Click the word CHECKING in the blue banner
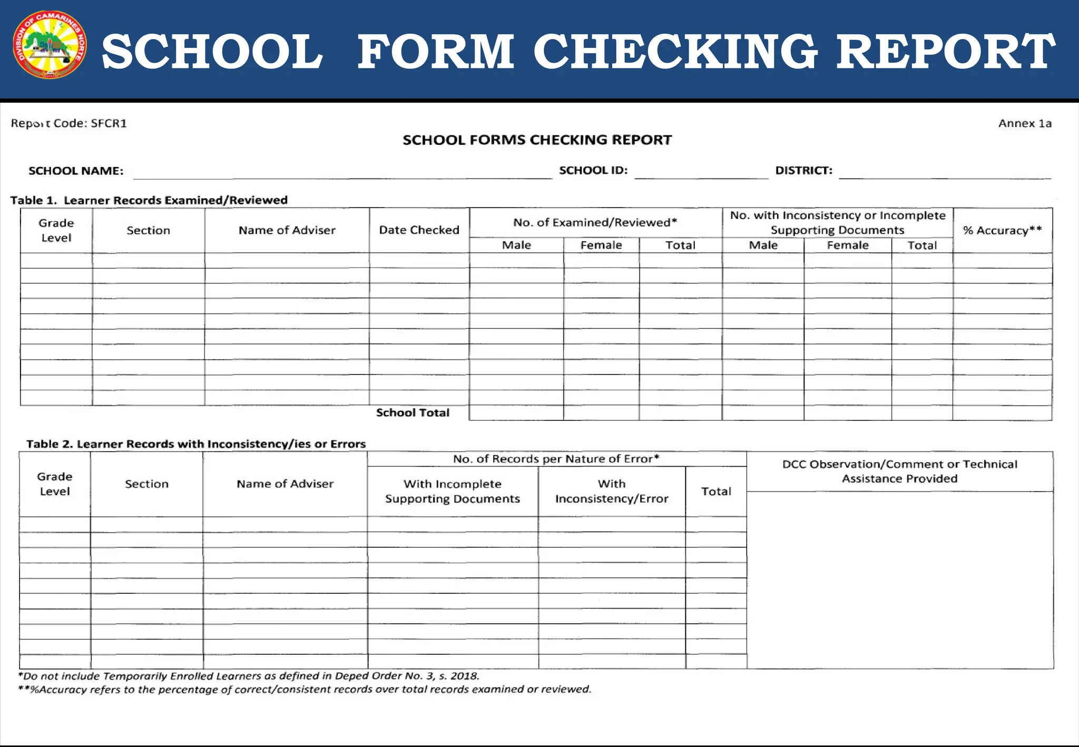coord(676,52)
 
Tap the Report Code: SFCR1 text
coord(69,123)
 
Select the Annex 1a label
coord(1025,123)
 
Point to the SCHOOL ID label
coord(593,170)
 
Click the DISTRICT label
coord(803,170)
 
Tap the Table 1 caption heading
coord(149,200)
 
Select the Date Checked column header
coord(419,230)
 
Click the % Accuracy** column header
coord(1002,230)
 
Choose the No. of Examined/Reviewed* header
coord(595,222)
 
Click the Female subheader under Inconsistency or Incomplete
coord(847,245)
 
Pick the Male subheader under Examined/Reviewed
coord(516,245)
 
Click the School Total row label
coord(413,412)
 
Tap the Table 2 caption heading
coord(196,444)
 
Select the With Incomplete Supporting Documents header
coord(453,491)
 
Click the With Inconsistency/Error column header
coord(611,491)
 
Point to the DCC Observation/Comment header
coord(899,471)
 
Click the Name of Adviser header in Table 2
coord(285,484)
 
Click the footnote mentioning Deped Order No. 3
coord(249,676)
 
